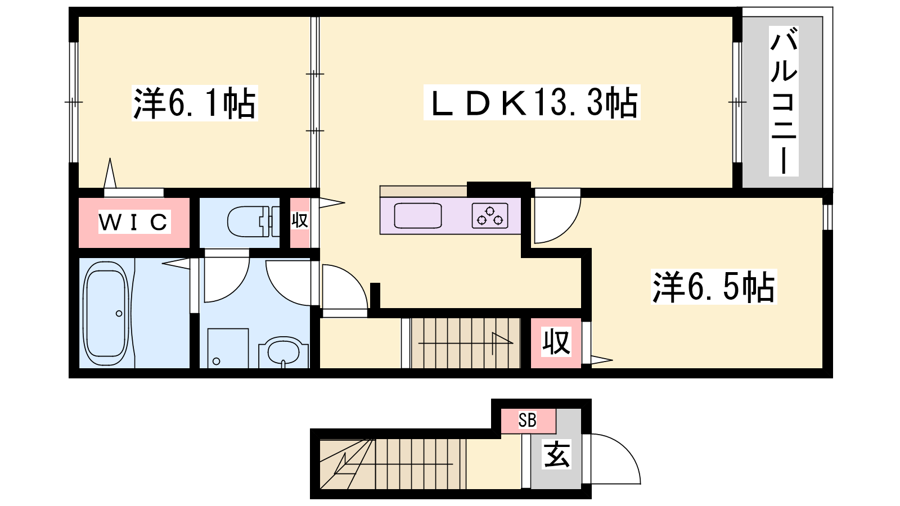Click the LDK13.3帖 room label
pos(532,103)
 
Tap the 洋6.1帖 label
pos(195,103)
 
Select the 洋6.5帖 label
pos(714,287)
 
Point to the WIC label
pos(134,222)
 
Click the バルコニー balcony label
pos(784,101)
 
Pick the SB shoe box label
pos(527,420)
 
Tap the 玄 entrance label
pos(556,455)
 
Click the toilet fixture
pos(253,222)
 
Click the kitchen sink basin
pos(418,216)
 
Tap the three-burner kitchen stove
pos(490,216)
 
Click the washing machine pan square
pos(228,348)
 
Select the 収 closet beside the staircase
pos(556,342)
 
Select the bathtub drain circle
pos(119,314)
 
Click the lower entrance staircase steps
pos(393,464)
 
